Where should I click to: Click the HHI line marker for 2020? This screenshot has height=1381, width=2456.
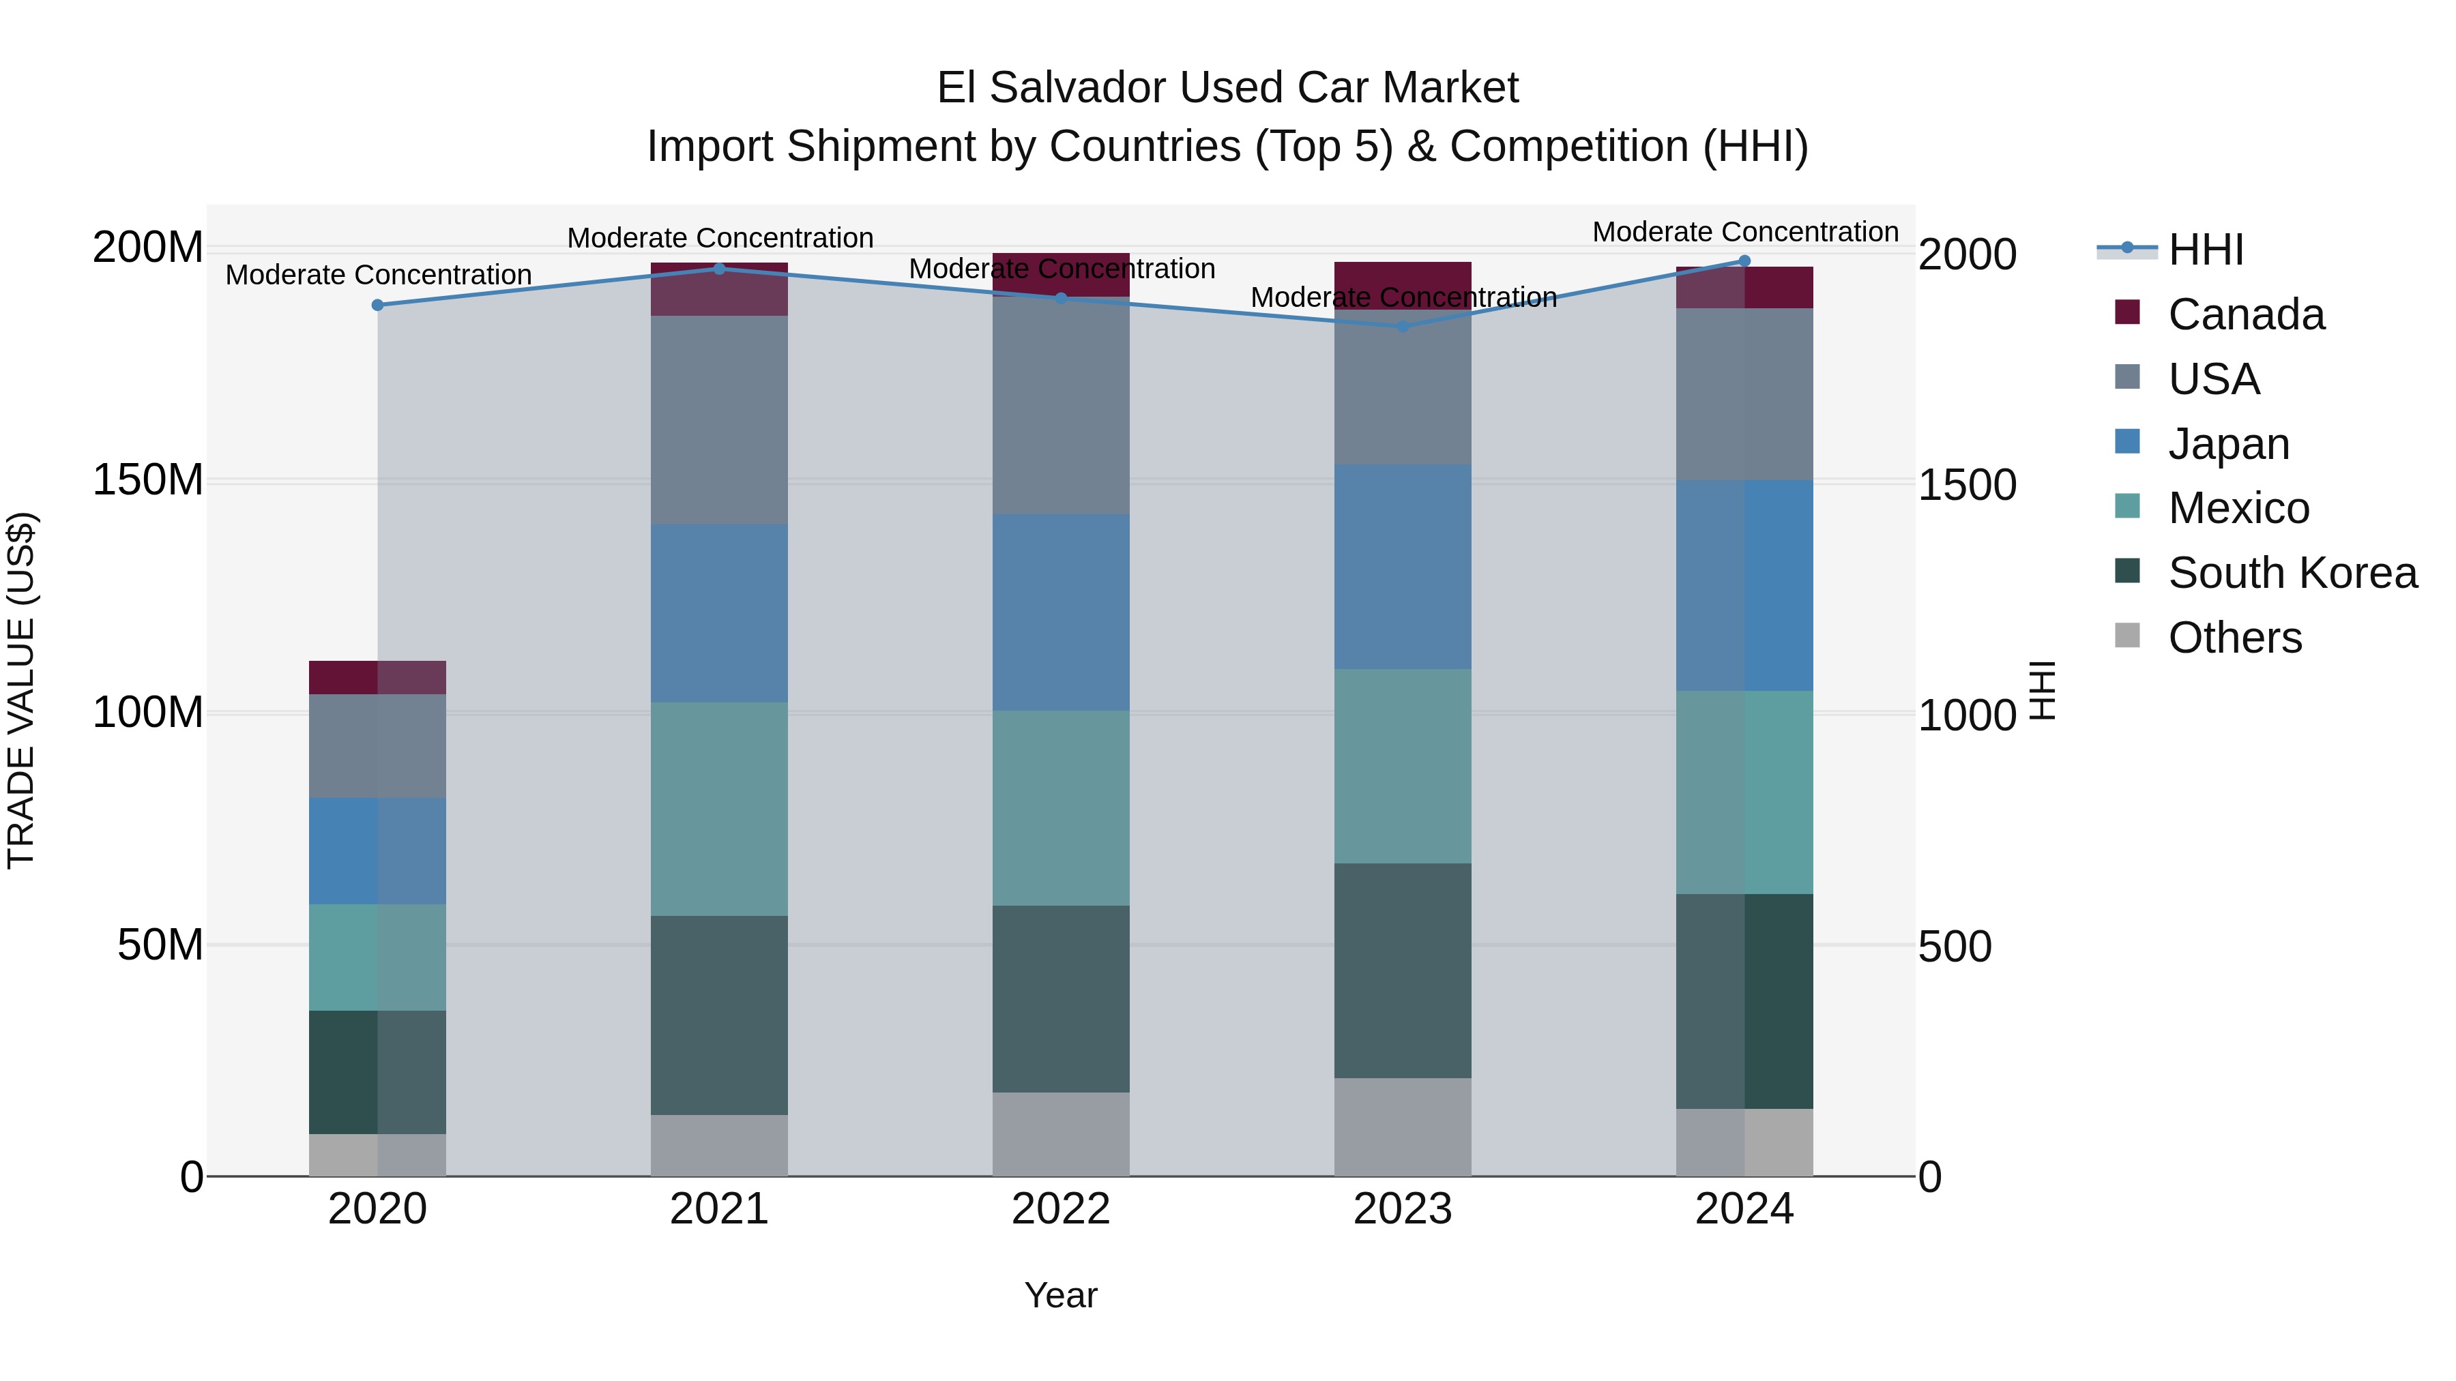377,305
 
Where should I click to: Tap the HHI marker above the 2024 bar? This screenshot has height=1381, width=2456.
1744,261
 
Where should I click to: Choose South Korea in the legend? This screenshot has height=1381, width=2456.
2292,573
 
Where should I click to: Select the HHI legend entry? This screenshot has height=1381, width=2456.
2205,250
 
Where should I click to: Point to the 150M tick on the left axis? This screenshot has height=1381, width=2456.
148,479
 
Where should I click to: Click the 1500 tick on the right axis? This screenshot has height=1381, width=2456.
1967,485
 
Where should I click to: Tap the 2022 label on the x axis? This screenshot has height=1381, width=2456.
1060,1209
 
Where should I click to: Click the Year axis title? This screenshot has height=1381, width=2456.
1060,1295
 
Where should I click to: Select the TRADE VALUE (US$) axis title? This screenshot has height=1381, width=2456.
21,690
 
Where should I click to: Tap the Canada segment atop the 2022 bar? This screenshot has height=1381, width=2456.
1060,273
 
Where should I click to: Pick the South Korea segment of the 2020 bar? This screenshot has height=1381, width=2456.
377,1071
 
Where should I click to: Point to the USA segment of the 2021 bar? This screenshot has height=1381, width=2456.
719,419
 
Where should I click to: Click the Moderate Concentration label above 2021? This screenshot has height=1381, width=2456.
720,237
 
